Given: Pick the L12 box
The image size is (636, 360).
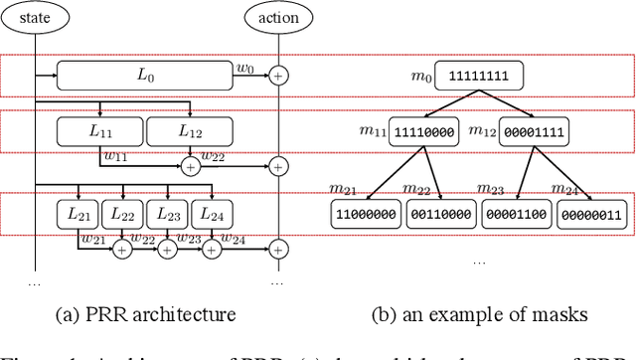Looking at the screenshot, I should click(x=190, y=130).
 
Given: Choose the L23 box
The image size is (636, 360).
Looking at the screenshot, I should click(x=166, y=213).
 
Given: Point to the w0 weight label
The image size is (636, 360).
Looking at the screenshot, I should click(x=245, y=68).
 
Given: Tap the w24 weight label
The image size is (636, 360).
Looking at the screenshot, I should click(x=235, y=238).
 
